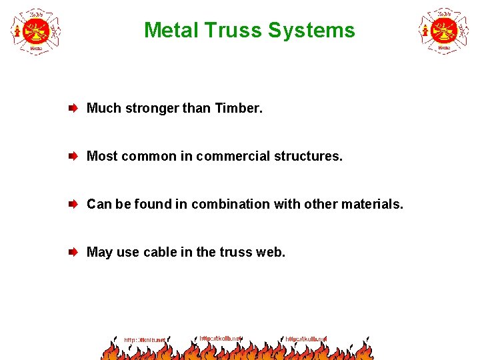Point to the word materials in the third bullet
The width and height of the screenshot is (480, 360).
(x=374, y=204)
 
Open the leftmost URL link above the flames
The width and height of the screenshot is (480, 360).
(x=145, y=340)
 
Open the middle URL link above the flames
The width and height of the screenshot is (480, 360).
(x=221, y=338)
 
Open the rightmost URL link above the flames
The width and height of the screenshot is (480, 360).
(x=306, y=339)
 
